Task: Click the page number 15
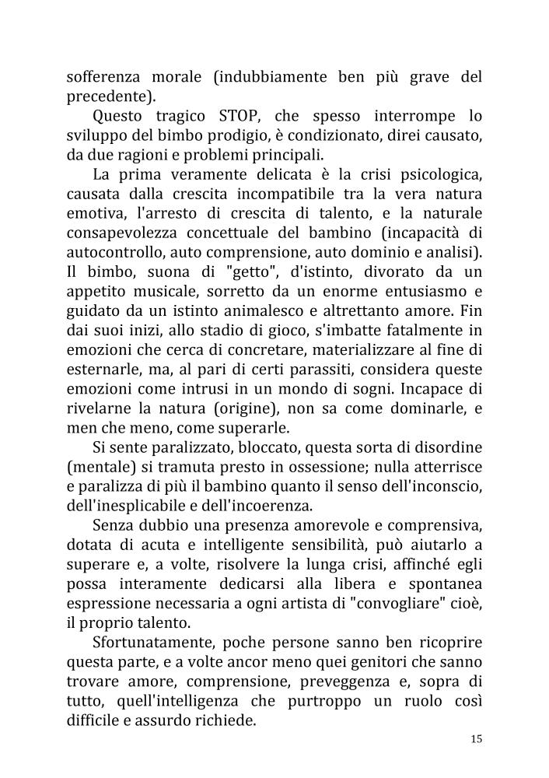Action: (x=476, y=739)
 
